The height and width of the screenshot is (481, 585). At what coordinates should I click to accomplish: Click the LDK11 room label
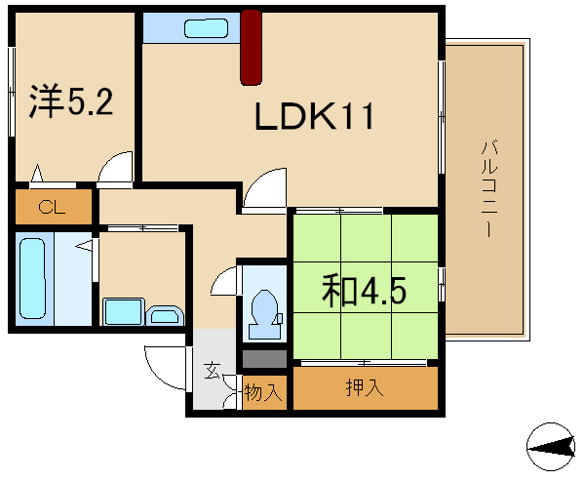(314, 116)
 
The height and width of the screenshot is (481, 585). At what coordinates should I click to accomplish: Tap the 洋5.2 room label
(71, 100)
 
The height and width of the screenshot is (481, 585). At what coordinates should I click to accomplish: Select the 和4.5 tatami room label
(364, 290)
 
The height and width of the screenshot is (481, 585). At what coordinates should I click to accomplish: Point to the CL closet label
(52, 207)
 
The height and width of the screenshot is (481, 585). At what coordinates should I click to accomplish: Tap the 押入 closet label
(365, 387)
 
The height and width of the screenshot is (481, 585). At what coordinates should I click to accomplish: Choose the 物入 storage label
(262, 392)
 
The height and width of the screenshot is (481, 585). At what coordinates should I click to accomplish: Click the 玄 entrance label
(212, 371)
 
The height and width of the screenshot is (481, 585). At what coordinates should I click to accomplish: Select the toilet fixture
(265, 314)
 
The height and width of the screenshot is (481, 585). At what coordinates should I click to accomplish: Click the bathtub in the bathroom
(33, 279)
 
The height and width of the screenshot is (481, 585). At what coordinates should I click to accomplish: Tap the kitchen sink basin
(206, 28)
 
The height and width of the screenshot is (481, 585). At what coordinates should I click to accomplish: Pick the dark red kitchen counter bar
(252, 48)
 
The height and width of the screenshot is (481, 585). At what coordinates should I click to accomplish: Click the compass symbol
(551, 447)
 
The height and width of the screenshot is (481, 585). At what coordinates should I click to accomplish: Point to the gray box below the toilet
(264, 359)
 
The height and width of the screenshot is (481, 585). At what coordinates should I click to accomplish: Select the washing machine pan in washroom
(124, 311)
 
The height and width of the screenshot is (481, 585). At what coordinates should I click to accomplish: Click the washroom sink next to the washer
(165, 316)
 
